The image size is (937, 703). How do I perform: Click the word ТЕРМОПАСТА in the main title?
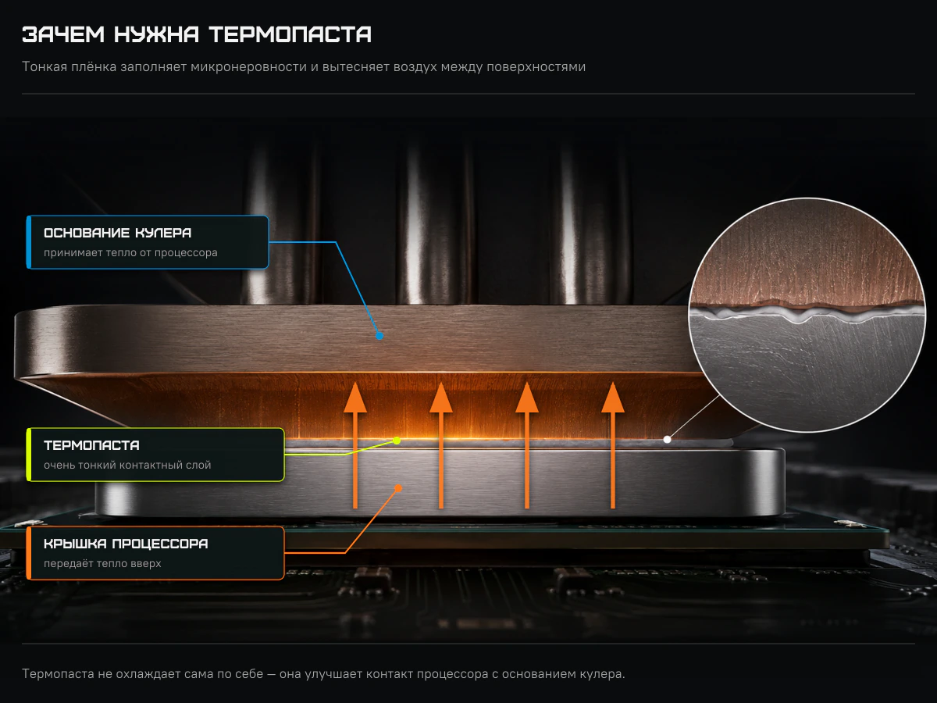[x=290, y=34]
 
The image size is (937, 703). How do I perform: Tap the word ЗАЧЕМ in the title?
[x=63, y=34]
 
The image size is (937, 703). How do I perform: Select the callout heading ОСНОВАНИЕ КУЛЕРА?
[x=117, y=233]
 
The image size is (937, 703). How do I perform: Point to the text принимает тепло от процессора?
[x=130, y=252]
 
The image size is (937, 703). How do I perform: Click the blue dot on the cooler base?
[x=379, y=336]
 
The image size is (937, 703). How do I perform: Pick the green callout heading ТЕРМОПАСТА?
[x=92, y=445]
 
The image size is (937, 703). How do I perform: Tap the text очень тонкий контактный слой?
[x=127, y=466]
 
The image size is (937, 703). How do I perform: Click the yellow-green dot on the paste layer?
[x=397, y=441]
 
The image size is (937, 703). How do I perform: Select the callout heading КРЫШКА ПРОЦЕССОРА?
[x=126, y=544]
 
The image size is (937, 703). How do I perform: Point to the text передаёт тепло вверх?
[x=102, y=563]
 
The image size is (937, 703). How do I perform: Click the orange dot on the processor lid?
[x=398, y=488]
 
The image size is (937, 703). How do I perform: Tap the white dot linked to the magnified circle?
[x=667, y=439]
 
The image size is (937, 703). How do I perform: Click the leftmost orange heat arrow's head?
[x=355, y=398]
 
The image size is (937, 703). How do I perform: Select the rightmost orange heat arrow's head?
[x=613, y=398]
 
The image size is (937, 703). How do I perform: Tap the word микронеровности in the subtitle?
[x=249, y=67]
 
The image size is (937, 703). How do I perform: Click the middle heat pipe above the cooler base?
[x=435, y=222]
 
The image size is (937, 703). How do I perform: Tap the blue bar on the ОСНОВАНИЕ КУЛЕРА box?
[x=29, y=242]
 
